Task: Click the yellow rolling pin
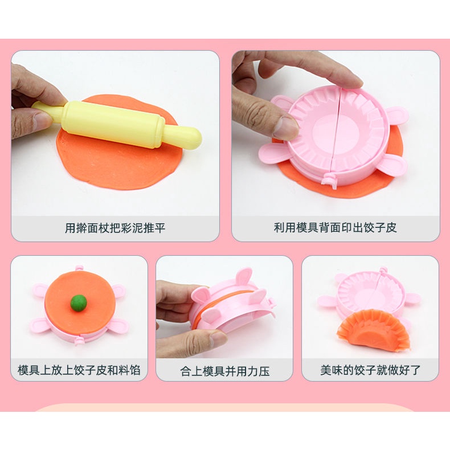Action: click(118, 124)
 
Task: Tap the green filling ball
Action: click(79, 303)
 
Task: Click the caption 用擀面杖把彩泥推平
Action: click(115, 228)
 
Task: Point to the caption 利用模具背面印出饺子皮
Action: click(335, 228)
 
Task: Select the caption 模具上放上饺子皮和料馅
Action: click(79, 370)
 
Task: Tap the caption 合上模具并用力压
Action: click(224, 371)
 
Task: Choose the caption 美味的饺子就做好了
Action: click(370, 370)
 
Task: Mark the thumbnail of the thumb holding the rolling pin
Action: click(43, 119)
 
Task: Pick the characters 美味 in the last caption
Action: click(331, 370)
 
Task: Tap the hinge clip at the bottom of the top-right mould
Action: click(329, 179)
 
